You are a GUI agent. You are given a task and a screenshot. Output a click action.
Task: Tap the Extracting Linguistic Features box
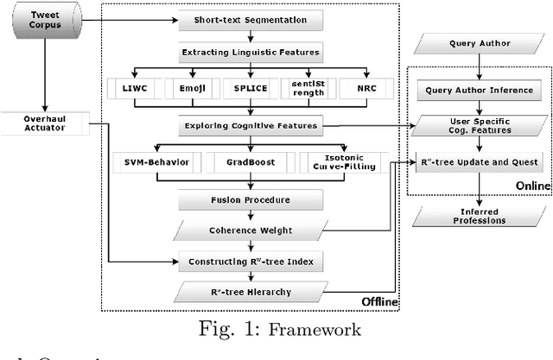249,53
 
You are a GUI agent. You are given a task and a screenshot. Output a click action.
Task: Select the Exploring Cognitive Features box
249,126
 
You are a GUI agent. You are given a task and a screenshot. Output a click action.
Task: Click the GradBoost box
249,161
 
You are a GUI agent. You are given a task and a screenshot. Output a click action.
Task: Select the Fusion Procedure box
249,199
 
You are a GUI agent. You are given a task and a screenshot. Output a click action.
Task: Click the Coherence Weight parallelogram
249,230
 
